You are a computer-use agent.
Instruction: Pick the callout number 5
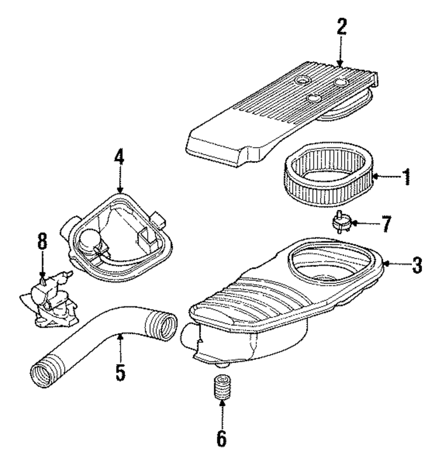coord(120,372)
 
